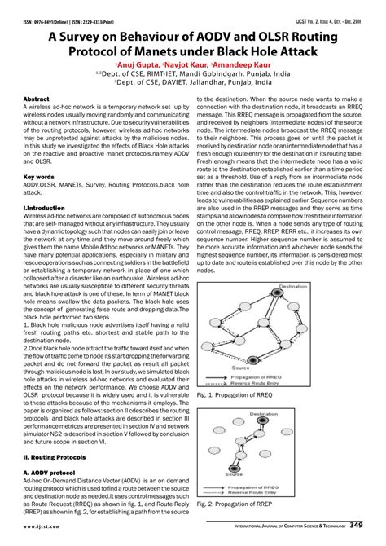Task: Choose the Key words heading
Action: click(39, 175)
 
